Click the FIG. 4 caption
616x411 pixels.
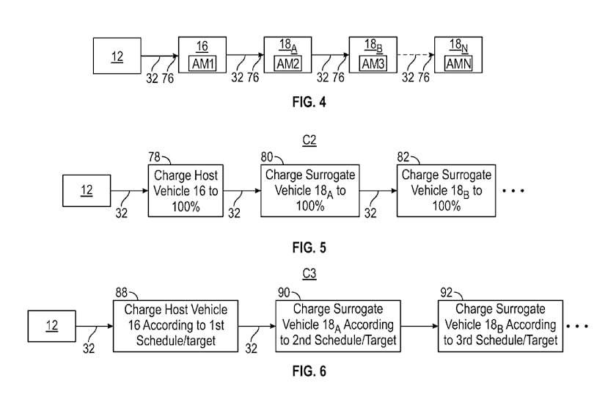click(x=309, y=102)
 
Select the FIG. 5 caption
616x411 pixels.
click(x=309, y=248)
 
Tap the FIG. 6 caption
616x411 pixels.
click(x=309, y=371)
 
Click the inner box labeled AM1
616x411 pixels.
click(x=202, y=64)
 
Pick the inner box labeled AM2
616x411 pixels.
click(x=288, y=64)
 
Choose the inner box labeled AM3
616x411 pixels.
click(x=373, y=64)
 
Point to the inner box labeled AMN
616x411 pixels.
click(x=458, y=64)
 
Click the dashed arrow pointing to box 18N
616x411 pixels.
click(x=416, y=55)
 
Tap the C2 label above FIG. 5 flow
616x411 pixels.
click(x=309, y=140)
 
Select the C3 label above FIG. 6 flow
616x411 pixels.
click(x=309, y=273)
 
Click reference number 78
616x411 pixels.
click(x=155, y=157)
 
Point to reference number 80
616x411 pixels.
click(x=267, y=157)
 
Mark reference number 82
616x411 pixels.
click(x=403, y=157)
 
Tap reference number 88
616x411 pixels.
click(x=122, y=293)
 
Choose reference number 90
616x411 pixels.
click(x=284, y=293)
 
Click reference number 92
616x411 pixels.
click(x=447, y=293)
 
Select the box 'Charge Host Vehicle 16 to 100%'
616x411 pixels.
click(x=186, y=191)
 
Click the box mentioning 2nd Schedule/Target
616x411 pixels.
click(x=338, y=326)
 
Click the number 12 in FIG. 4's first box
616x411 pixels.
click(x=117, y=57)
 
